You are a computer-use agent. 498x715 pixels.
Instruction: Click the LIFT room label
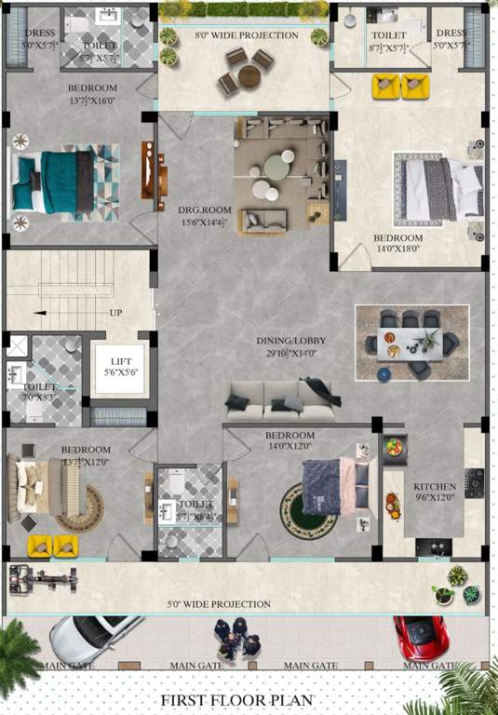(x=120, y=361)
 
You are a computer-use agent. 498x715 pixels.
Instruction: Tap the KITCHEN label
(x=435, y=486)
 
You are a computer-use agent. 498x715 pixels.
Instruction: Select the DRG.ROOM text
(x=199, y=210)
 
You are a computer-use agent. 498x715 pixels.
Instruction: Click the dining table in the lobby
(x=411, y=343)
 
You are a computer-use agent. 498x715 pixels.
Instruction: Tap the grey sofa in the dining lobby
(x=281, y=400)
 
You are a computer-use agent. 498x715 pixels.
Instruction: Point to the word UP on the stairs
(x=116, y=313)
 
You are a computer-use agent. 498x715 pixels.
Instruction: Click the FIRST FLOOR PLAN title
(x=236, y=699)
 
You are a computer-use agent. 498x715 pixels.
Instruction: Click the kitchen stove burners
(x=475, y=481)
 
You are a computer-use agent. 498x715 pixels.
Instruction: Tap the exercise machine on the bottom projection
(x=42, y=576)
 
